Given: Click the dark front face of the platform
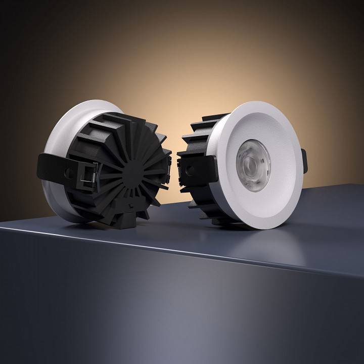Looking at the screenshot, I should (152, 313).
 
